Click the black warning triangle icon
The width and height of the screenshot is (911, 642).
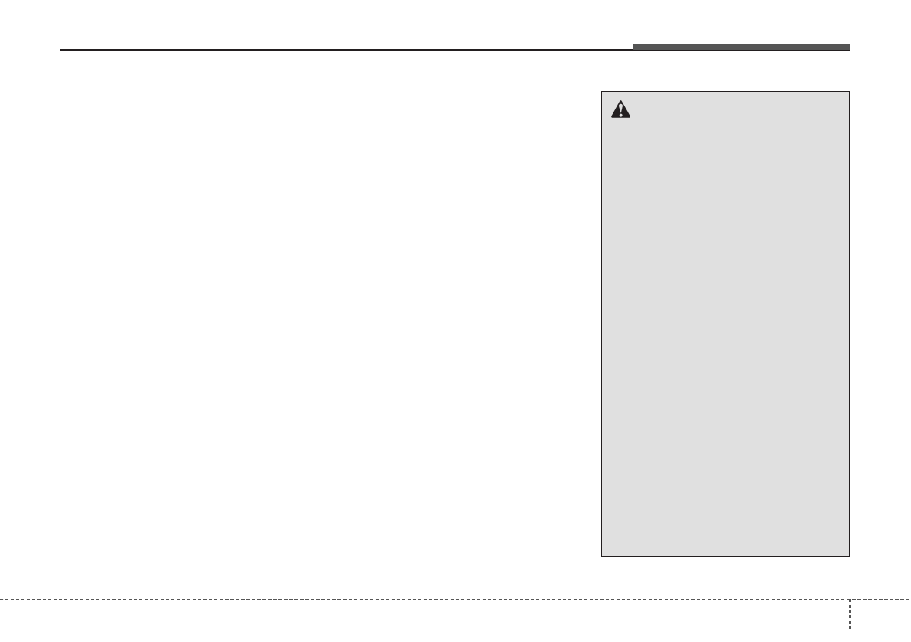(620, 111)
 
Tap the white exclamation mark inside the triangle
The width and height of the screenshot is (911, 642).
(620, 112)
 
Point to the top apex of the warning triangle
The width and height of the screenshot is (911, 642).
(620, 103)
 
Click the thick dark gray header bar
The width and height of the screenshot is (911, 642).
(740, 47)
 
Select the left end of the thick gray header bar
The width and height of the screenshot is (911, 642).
(634, 47)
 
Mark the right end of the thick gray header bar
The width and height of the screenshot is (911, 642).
(848, 47)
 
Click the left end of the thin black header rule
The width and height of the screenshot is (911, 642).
(61, 51)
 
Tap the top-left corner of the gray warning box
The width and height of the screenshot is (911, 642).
(602, 92)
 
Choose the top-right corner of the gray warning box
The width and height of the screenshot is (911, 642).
(849, 92)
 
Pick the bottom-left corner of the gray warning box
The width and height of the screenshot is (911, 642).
(602, 556)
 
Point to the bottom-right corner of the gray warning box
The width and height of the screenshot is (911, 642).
(849, 556)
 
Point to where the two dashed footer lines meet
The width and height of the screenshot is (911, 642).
(850, 598)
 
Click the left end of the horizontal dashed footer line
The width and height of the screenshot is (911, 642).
(2, 598)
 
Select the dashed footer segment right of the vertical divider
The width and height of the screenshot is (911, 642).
(880, 598)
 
